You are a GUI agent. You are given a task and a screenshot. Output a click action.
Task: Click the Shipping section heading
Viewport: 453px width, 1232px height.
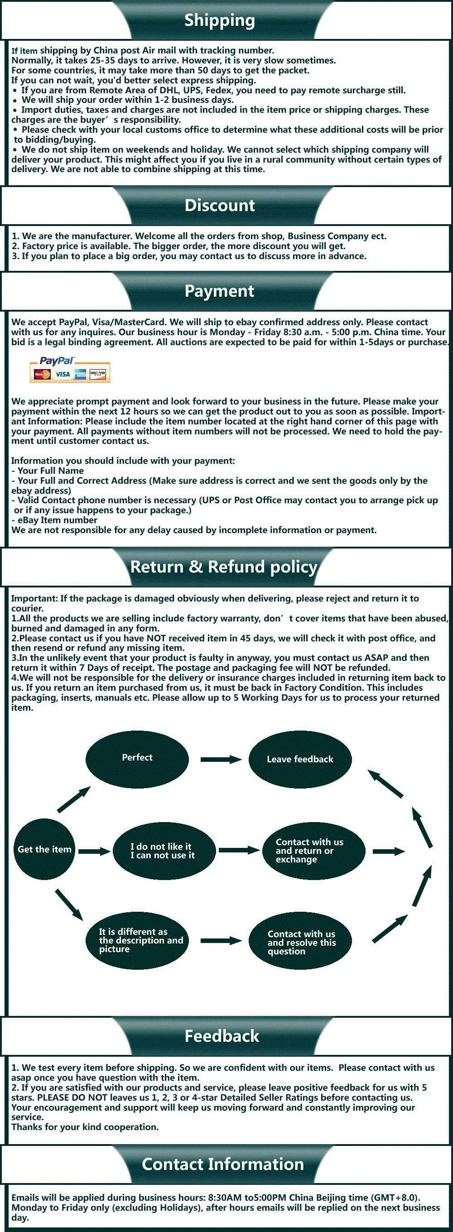tap(220, 20)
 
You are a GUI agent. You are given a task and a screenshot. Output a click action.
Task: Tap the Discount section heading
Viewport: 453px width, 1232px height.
tap(220, 206)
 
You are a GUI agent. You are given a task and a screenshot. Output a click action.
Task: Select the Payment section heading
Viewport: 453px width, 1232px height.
tap(220, 291)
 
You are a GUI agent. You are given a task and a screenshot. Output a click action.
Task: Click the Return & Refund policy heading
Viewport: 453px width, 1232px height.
tap(224, 567)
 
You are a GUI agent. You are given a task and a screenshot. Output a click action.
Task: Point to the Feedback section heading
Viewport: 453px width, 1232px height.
tap(222, 1036)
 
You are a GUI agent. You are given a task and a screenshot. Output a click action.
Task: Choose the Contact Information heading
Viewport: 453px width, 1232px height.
tap(223, 1164)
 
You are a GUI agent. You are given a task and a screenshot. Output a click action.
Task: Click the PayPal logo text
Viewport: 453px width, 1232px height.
tap(57, 361)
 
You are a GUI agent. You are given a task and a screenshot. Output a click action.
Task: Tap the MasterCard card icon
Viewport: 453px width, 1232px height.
tap(42, 375)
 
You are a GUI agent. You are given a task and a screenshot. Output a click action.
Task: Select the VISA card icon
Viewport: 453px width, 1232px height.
tap(62, 375)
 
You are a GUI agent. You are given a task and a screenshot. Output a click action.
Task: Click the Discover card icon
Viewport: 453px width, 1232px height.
tap(98, 374)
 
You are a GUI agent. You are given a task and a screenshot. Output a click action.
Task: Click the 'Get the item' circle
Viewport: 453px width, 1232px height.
tap(44, 849)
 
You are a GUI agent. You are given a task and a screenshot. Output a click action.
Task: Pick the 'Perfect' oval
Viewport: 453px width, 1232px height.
tap(137, 758)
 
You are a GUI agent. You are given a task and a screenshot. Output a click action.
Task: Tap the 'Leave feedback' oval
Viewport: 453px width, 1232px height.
tap(300, 760)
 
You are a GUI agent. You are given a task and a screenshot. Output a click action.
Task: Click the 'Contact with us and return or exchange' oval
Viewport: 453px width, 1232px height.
tap(313, 851)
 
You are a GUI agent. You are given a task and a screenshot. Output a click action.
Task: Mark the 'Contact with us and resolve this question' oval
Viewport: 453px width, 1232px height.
tap(300, 942)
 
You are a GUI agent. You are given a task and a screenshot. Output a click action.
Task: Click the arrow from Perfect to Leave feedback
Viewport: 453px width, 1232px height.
tap(221, 760)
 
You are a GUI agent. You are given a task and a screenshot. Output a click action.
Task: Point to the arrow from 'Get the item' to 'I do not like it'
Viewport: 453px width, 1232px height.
tap(94, 852)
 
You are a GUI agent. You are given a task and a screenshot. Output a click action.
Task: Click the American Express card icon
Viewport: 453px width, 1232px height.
tap(80, 375)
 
